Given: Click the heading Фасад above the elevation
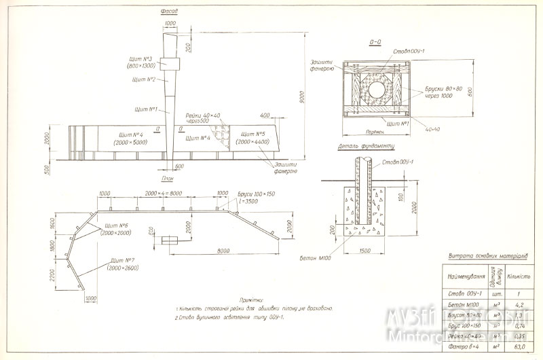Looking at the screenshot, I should tap(169, 12).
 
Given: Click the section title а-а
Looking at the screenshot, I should tap(375, 42).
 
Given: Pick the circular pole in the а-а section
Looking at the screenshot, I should tap(377, 88).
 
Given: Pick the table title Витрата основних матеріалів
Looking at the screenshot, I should tap(484, 257).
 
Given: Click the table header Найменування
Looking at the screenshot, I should tap(465, 277).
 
